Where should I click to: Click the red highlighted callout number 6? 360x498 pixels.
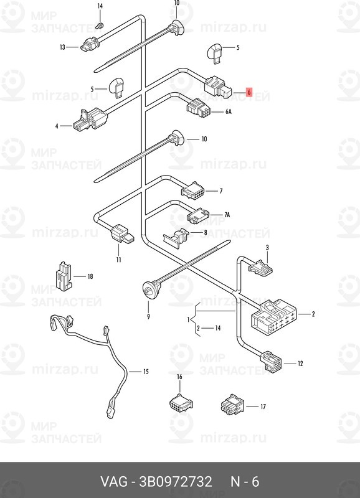tap(249, 92)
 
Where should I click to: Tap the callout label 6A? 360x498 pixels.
tap(229, 112)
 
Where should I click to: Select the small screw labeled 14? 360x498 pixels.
tap(100, 24)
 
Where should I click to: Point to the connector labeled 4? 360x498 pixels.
tap(90, 120)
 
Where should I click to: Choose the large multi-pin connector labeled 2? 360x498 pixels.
tap(274, 316)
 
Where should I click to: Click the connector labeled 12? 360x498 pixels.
tap(271, 362)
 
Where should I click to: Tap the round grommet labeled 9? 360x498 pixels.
tap(151, 288)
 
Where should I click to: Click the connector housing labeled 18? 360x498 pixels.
tap(64, 276)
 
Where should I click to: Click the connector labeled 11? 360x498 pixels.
tap(122, 234)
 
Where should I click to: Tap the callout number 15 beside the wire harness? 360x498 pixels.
tap(146, 371)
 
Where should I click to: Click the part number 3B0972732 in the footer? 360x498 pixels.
tap(176, 481)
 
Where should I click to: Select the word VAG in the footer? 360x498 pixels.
tap(114, 481)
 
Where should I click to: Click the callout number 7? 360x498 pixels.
tap(221, 191)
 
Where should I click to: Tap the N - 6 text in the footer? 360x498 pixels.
tap(245, 481)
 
